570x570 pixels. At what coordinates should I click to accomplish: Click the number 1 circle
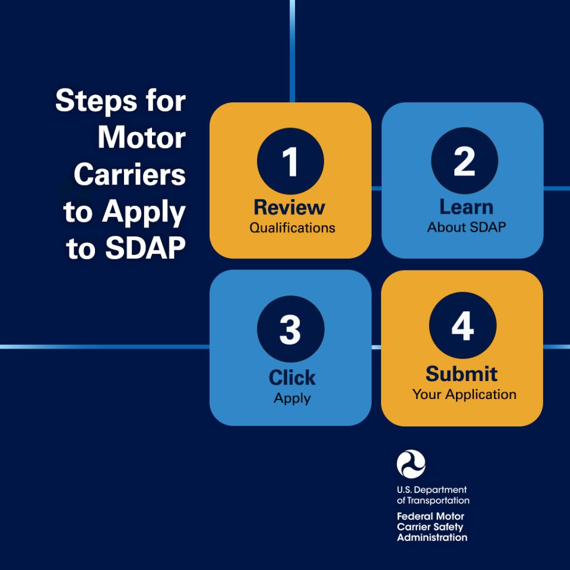(290, 161)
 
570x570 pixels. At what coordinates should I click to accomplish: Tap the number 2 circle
(464, 161)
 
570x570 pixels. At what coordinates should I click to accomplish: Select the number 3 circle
(291, 329)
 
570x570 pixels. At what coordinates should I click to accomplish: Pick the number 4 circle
(462, 325)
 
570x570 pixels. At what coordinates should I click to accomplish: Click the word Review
(289, 207)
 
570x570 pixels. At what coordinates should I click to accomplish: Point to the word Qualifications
(292, 228)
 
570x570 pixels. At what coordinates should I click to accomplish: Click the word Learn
(467, 207)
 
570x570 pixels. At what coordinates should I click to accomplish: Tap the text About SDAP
(467, 227)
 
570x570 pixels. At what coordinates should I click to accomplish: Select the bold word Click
(292, 377)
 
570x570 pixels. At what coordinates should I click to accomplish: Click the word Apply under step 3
(292, 398)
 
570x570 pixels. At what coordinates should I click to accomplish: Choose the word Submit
(461, 374)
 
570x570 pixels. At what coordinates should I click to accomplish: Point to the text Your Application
(464, 395)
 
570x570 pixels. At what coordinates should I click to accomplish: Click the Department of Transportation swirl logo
(411, 464)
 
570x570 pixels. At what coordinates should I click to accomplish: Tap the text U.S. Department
(431, 490)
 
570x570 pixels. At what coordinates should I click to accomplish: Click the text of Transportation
(433, 501)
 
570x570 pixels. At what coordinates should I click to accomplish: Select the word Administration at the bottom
(432, 537)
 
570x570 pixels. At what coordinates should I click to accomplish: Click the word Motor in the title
(142, 138)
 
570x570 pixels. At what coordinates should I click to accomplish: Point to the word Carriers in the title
(130, 174)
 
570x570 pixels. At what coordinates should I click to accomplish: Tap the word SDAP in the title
(145, 248)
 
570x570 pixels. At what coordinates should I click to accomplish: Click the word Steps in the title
(96, 101)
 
